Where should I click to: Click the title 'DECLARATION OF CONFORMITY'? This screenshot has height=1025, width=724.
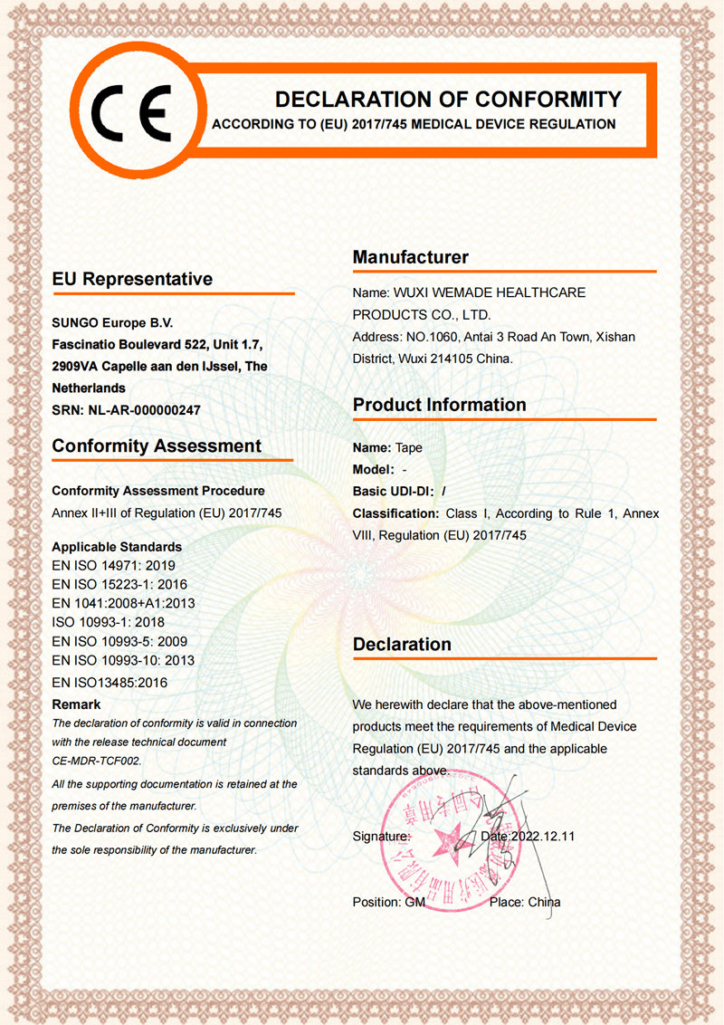tap(448, 100)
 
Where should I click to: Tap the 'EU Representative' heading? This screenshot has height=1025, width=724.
tap(132, 279)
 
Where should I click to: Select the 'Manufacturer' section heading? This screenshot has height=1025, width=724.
tap(411, 257)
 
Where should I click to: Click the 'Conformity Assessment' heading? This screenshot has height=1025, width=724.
tap(157, 445)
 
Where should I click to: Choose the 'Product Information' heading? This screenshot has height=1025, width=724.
tap(439, 405)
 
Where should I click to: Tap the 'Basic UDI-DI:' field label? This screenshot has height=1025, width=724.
tap(393, 491)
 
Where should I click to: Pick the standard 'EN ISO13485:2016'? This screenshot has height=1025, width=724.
tap(110, 682)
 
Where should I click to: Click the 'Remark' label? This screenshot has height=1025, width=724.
tap(76, 704)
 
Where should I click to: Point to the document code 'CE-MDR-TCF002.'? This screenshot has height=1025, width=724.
tap(97, 761)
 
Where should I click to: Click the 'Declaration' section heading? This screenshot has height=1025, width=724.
tap(402, 645)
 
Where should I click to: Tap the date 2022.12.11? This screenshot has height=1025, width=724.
tap(542, 836)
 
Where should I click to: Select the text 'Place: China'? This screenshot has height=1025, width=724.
tap(525, 902)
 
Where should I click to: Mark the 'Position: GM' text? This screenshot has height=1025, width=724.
tap(388, 902)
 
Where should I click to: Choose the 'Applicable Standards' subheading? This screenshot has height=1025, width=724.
tap(117, 547)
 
